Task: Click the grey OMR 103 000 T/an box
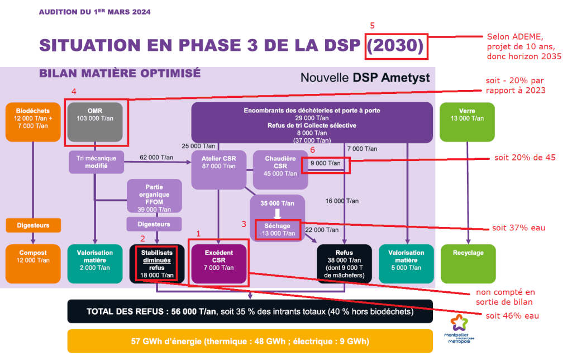(95, 122)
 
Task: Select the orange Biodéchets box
(33, 122)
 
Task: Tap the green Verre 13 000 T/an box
(467, 122)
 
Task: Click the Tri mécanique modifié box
(96, 162)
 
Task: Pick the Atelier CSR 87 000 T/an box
(219, 170)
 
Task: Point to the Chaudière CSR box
(280, 170)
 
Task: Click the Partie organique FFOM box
(154, 196)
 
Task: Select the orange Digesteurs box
(33, 225)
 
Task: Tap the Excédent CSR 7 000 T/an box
(219, 264)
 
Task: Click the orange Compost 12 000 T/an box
(33, 264)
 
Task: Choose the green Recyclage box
(468, 264)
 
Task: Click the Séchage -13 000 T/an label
(277, 230)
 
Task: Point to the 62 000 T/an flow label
(156, 158)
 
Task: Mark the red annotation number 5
(372, 26)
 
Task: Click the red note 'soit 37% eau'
(518, 228)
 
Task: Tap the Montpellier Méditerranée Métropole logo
(459, 329)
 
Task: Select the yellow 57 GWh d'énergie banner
(250, 341)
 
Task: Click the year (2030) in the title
(395, 45)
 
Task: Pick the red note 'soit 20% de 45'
(525, 158)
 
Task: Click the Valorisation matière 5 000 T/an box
(407, 264)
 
